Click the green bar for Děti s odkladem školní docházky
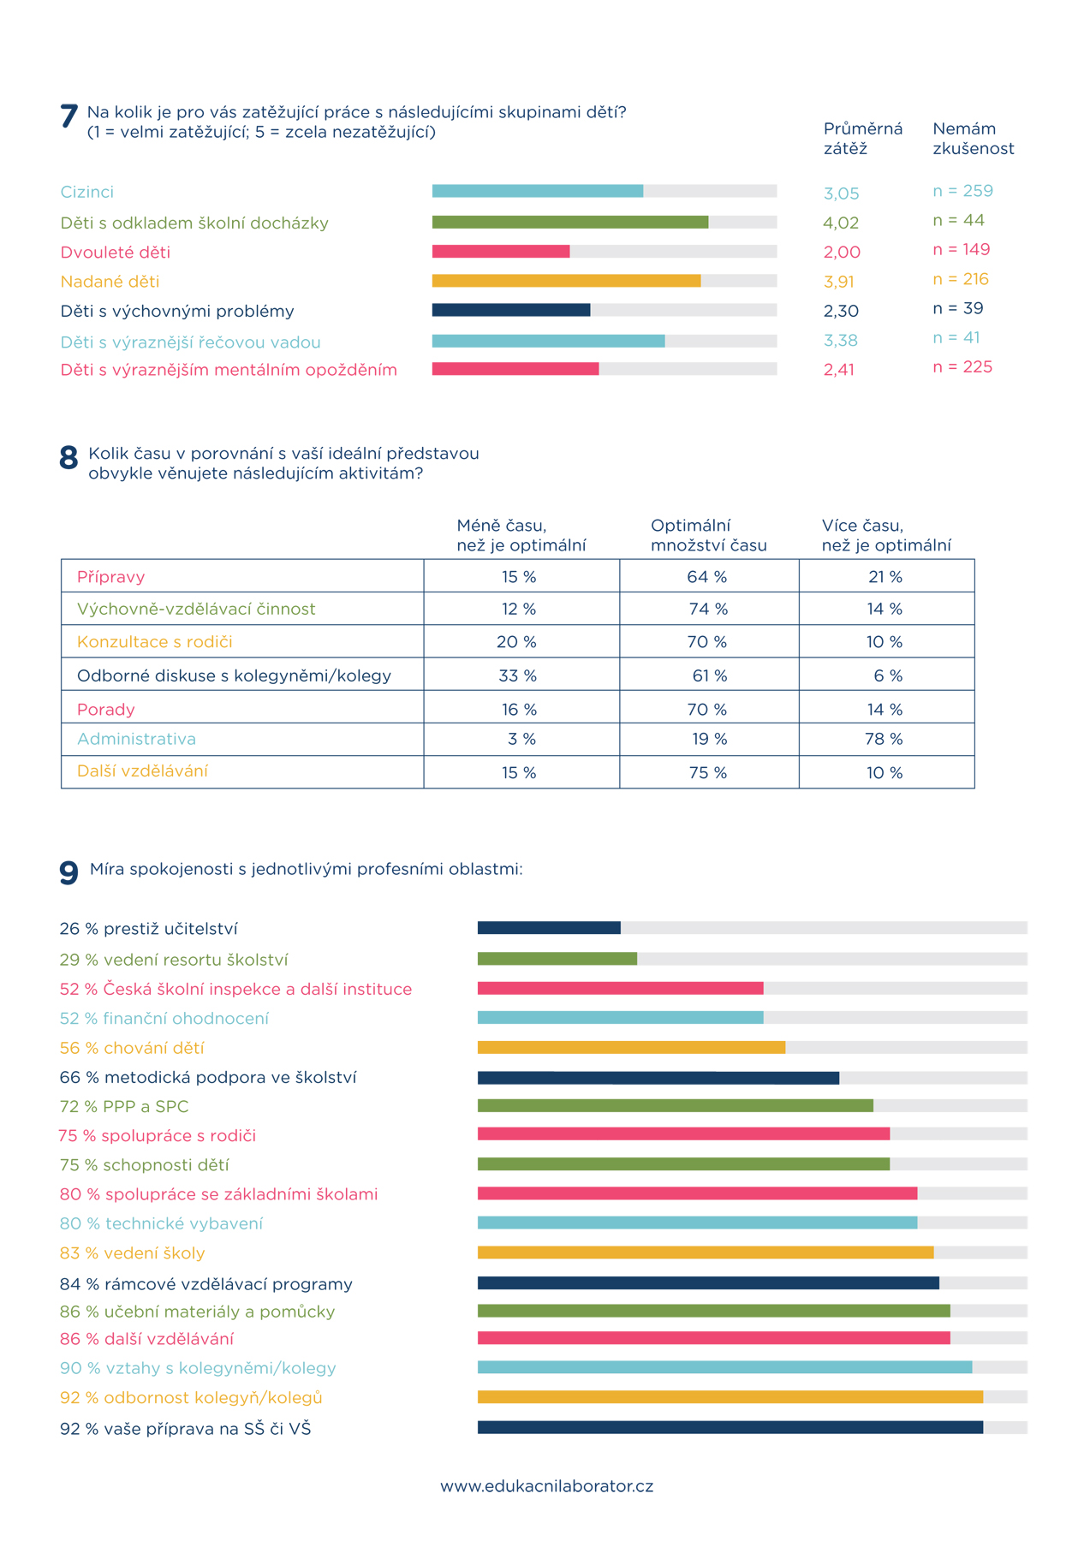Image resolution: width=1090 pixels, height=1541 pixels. point(570,223)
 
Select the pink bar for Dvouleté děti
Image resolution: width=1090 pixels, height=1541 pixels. point(501,252)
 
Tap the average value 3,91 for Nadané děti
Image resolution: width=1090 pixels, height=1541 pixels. point(839,282)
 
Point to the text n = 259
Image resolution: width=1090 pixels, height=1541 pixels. point(963,191)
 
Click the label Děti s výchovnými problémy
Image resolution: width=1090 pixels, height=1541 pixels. point(177,311)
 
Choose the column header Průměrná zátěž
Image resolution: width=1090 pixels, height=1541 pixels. point(863,139)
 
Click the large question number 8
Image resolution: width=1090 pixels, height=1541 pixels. point(68,458)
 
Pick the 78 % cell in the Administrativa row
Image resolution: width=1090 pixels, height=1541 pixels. point(885,739)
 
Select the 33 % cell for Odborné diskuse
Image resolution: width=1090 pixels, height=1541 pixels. point(518,675)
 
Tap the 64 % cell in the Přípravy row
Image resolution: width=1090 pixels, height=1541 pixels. point(707,577)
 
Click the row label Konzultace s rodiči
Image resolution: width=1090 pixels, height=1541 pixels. point(155,642)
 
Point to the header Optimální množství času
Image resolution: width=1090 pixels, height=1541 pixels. point(709,535)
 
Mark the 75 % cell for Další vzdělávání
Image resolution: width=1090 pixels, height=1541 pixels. point(708,772)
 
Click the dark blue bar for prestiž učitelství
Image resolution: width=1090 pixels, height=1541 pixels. point(549,928)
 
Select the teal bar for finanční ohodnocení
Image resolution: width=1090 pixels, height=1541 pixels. point(621,1017)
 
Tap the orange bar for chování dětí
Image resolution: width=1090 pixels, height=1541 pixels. point(631,1047)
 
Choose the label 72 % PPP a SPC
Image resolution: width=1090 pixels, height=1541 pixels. point(124,1106)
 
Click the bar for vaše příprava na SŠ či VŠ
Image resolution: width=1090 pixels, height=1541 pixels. point(730,1427)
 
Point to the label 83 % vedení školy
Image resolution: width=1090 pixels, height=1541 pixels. point(133,1253)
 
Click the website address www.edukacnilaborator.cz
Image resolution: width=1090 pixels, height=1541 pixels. point(546,1486)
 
